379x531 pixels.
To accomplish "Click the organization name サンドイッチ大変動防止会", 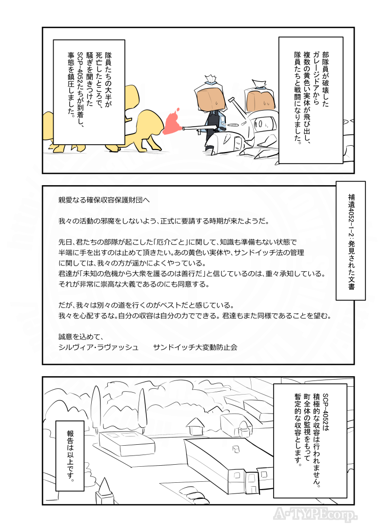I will tap(195, 347).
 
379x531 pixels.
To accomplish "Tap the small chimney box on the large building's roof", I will tap(237, 450).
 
